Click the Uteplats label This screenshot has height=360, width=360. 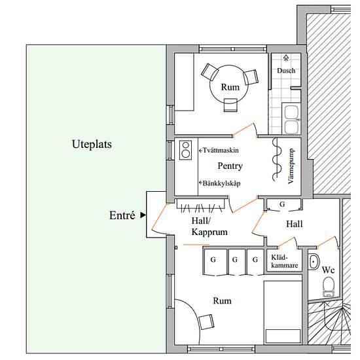92,145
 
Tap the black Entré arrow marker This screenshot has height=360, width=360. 143,215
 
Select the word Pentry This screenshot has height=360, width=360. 230,166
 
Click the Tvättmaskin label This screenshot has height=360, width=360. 219,151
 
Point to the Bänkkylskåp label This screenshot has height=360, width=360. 220,183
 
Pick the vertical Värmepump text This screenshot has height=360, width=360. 291,166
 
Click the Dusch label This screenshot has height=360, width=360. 286,71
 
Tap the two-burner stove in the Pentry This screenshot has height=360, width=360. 185,150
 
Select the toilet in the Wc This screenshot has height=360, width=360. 328,287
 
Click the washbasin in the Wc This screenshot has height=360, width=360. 314,262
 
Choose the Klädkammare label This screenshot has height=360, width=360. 284,261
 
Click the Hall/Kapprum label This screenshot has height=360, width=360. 209,226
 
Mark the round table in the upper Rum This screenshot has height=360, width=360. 229,84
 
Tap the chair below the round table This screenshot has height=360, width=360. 230,105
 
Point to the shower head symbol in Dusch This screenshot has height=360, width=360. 286,58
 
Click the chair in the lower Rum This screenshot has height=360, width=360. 206,322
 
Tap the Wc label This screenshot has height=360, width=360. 328,270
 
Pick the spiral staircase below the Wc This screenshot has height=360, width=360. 329,324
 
